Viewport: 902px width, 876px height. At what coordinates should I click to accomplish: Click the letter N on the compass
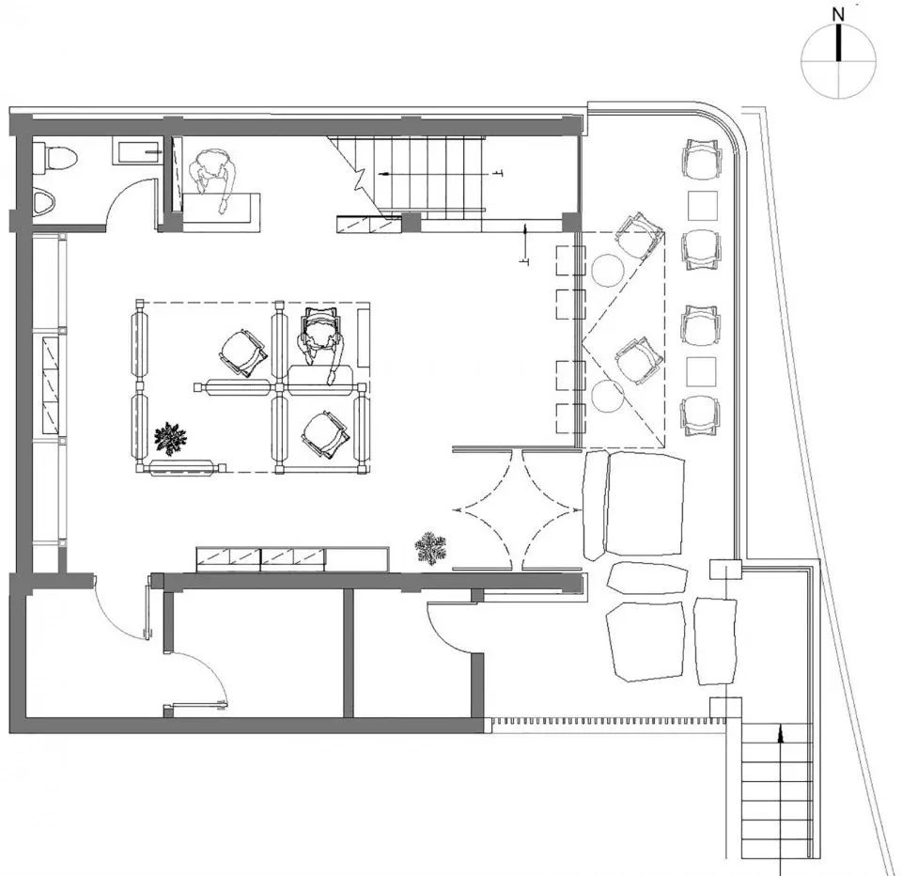[839, 14]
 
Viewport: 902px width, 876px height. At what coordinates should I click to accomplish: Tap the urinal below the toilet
[44, 203]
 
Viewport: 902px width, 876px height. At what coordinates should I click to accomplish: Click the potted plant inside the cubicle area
[170, 439]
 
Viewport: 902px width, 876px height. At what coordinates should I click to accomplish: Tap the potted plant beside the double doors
[430, 547]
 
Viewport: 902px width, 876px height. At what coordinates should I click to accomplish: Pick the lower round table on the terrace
[608, 396]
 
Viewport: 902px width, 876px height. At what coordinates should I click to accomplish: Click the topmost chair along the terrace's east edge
[701, 160]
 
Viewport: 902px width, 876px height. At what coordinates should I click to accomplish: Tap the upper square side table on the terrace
[703, 206]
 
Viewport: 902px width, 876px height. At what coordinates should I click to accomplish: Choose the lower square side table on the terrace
[702, 372]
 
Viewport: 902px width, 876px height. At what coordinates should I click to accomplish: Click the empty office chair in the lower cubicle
[325, 435]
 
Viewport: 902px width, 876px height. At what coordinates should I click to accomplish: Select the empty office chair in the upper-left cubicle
[242, 352]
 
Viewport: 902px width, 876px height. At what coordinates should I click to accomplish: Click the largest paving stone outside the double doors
[645, 504]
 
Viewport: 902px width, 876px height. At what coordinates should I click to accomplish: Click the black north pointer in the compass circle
[839, 41]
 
